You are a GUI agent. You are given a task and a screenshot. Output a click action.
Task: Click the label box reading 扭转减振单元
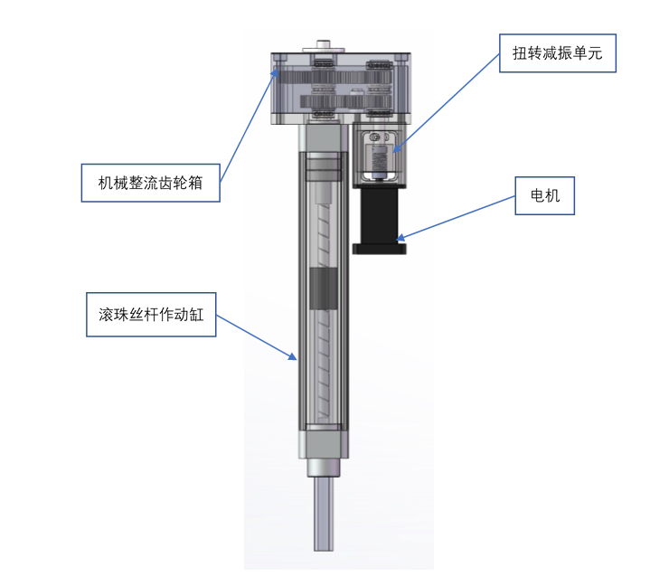point(558,53)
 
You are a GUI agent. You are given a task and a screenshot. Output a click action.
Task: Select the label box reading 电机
point(545,195)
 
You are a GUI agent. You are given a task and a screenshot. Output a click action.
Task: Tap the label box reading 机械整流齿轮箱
point(150,183)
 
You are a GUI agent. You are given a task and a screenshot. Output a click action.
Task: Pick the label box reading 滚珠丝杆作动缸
point(151,315)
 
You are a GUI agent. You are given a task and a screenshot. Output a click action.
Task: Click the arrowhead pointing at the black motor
point(400,238)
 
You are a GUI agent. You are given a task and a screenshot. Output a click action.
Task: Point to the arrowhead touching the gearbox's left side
point(275,72)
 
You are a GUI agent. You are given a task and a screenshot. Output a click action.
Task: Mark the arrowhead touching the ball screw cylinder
point(292,356)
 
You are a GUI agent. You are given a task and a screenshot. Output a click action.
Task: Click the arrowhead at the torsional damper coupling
point(397,148)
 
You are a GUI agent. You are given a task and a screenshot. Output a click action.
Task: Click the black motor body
point(380,216)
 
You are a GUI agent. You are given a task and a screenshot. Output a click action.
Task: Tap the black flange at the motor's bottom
point(380,249)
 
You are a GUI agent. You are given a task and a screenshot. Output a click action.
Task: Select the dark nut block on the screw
point(324,288)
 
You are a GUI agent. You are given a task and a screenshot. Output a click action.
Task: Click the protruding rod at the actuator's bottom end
point(324,514)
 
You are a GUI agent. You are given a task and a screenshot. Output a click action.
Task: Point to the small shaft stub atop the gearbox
point(324,44)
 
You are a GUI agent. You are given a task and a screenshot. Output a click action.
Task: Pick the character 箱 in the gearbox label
point(195,183)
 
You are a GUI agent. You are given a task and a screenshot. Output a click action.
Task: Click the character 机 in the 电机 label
point(552,195)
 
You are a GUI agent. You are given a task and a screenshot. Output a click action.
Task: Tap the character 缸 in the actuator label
point(195,315)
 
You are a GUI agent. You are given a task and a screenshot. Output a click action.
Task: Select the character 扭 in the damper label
point(520,53)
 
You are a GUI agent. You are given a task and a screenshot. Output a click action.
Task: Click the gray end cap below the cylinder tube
point(324,445)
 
